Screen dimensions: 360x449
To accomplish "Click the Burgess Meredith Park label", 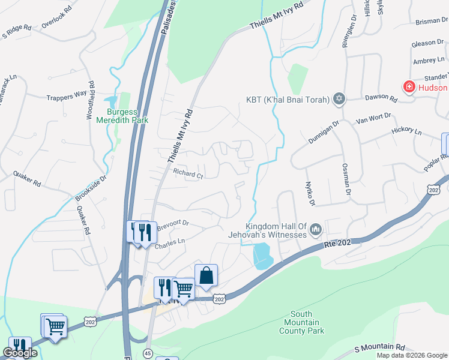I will (x=127, y=116).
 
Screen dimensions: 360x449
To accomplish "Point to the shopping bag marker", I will (x=206, y=276).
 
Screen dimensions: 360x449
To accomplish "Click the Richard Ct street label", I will (x=188, y=174).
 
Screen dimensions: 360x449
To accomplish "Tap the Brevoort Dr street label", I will (x=173, y=224).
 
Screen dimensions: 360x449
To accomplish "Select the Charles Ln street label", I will (x=169, y=246).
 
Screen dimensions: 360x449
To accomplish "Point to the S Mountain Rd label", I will (x=379, y=348).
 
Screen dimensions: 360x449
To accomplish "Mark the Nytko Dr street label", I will (x=310, y=193).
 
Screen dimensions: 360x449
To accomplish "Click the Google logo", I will (x=20, y=353).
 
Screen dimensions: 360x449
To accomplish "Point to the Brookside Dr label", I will (x=91, y=188).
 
